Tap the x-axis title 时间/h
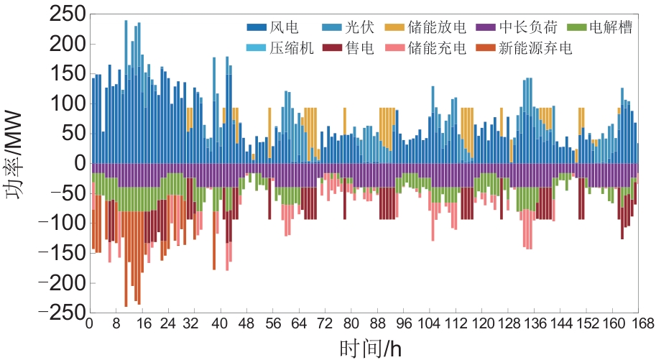(x=370, y=347)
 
